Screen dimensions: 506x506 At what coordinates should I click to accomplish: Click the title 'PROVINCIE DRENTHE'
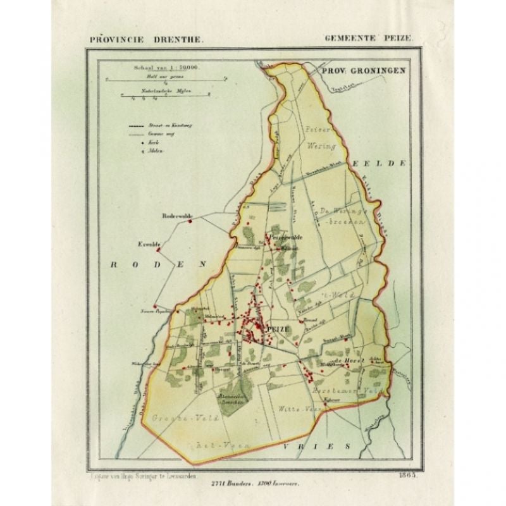point(146,39)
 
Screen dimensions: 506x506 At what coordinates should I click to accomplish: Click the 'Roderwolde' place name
point(176,215)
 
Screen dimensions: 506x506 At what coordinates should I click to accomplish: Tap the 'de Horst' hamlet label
point(347,360)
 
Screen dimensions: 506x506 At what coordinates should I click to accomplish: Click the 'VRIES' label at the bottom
point(329,446)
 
